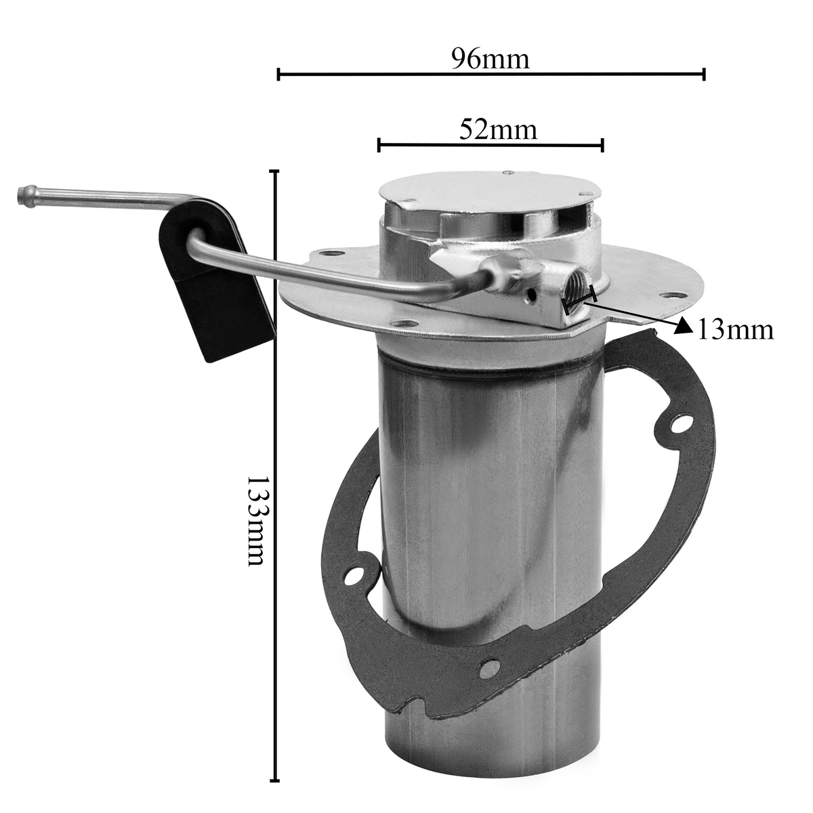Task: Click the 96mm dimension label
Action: [x=491, y=59]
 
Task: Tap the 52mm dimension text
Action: [x=498, y=129]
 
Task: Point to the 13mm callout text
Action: [x=736, y=329]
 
